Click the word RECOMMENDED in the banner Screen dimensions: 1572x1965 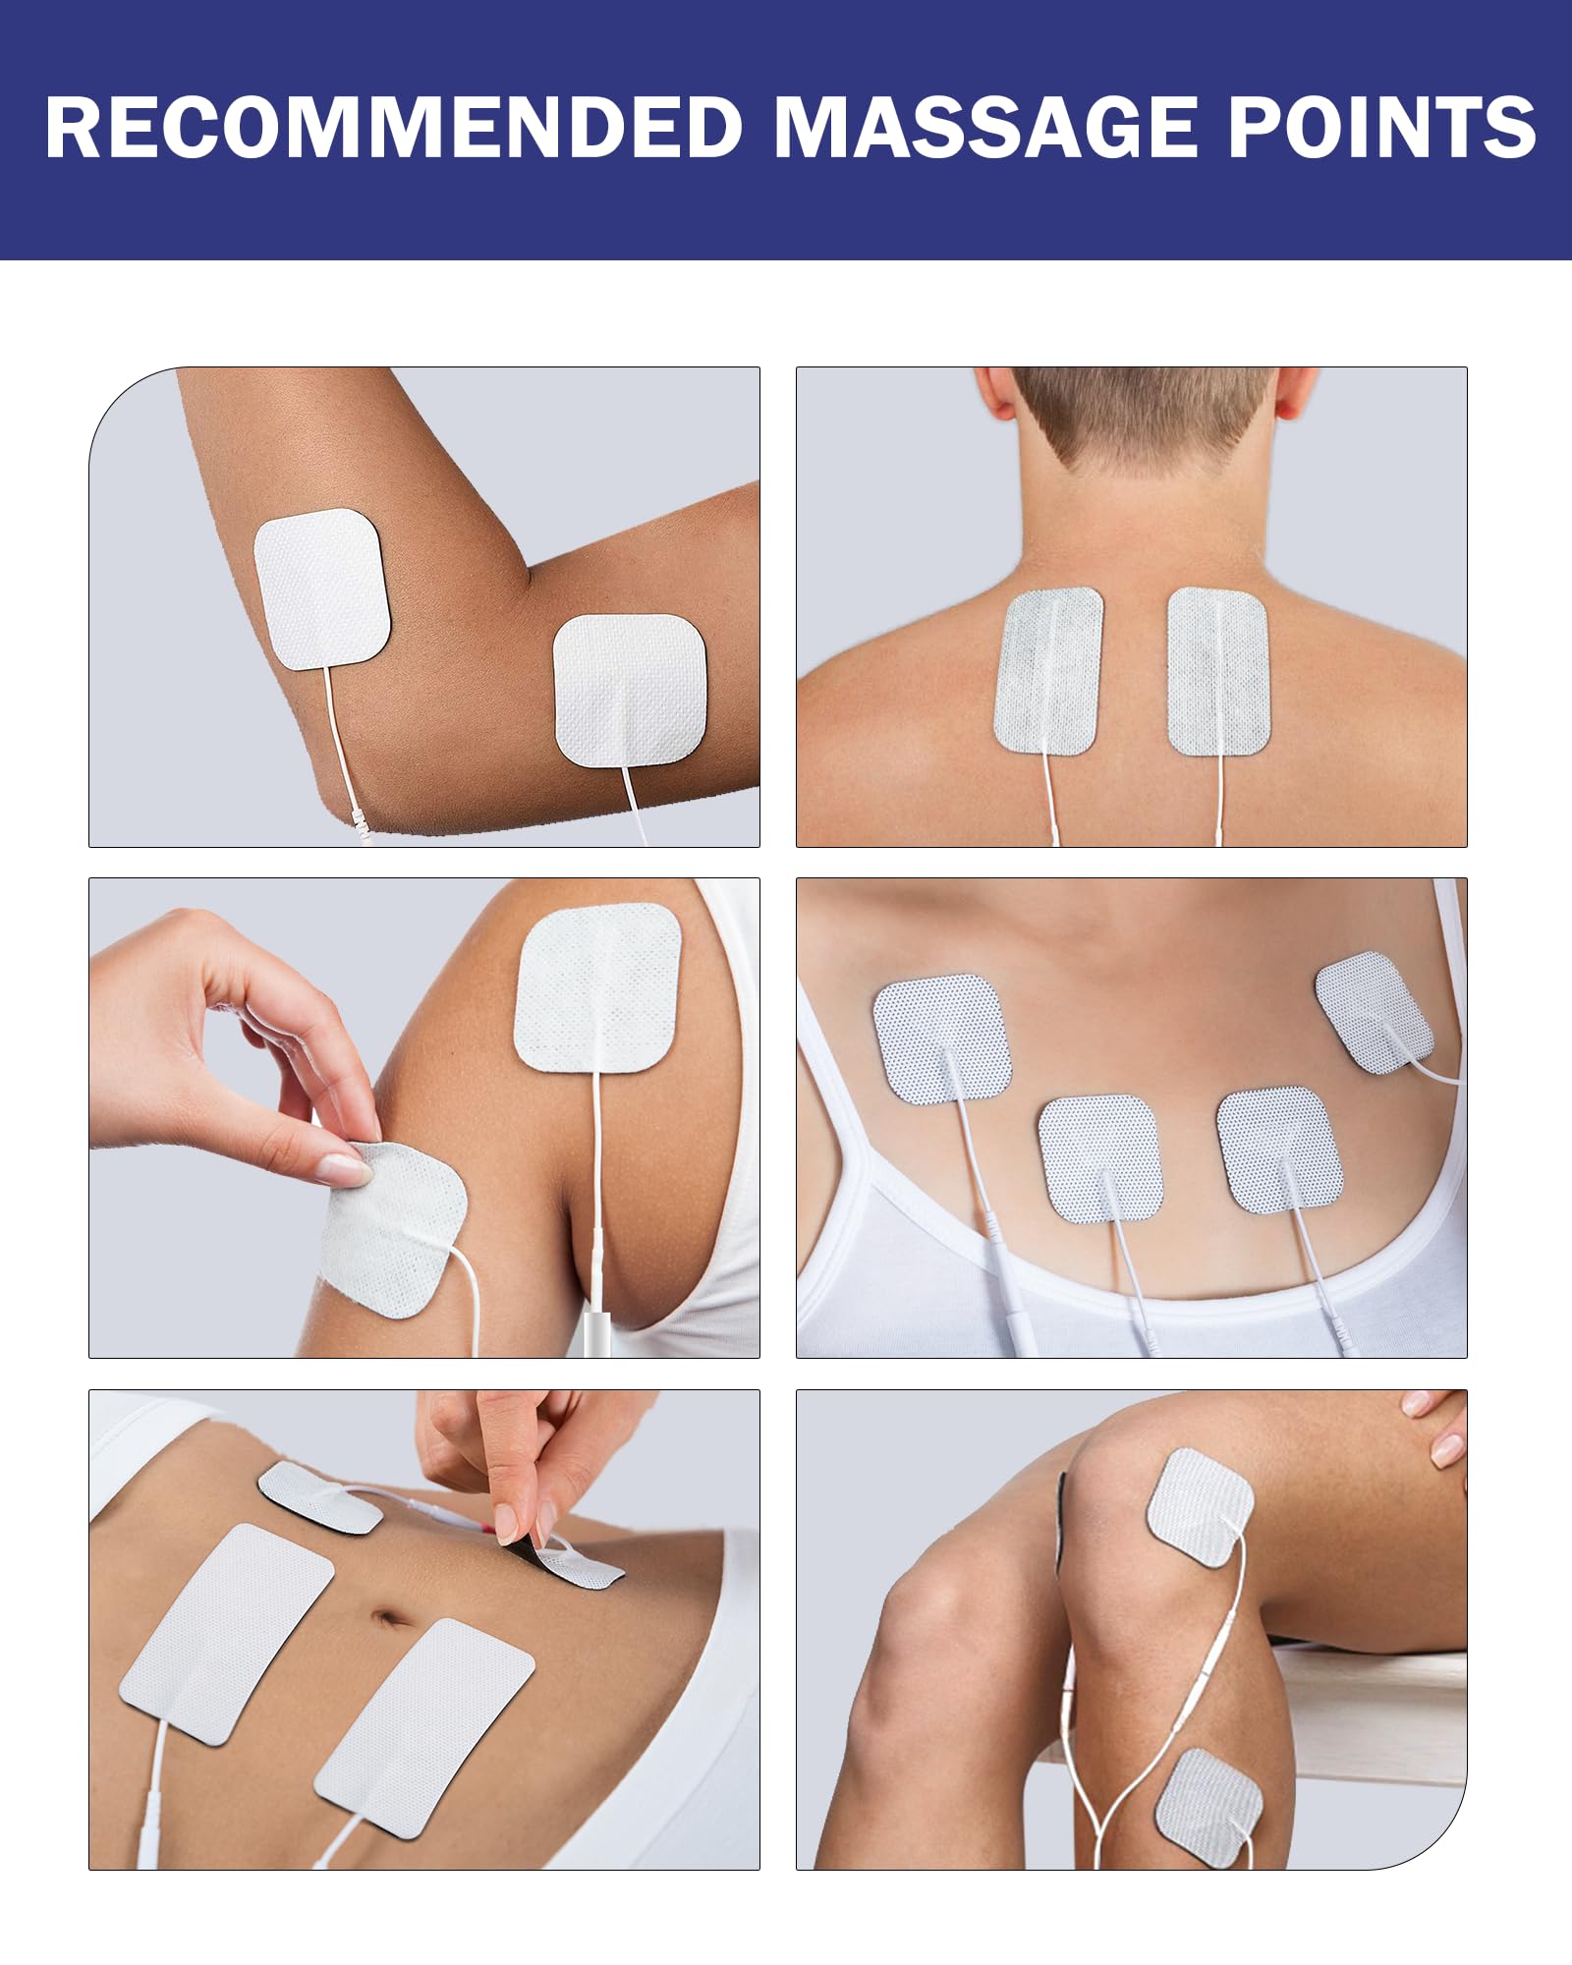(x=394, y=128)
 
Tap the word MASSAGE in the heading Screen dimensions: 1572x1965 (x=986, y=128)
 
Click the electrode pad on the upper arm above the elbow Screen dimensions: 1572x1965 (x=322, y=589)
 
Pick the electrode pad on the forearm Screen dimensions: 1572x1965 (x=630, y=691)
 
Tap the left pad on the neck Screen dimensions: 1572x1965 (x=1048, y=671)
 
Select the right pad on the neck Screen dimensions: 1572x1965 (x=1218, y=671)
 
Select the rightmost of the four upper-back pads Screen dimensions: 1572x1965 (x=1374, y=1012)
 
